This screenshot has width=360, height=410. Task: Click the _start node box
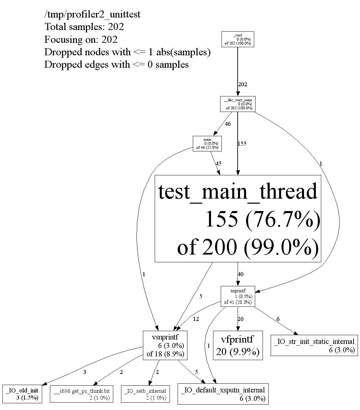pos(238,39)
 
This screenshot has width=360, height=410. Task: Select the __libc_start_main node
pos(238,104)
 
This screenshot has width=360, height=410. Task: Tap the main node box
pos(207,143)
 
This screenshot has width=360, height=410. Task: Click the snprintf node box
pos(238,296)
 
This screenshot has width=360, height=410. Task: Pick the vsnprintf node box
pos(165,345)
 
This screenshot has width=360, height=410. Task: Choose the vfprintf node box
pos(238,345)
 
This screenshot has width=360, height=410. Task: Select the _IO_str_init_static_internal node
pos(314,345)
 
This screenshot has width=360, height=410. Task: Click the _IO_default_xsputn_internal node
pos(223,394)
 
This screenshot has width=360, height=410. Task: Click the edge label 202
pos(242,84)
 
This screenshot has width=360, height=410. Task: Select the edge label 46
pos(228,124)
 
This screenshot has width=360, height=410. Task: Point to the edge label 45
pos(218,164)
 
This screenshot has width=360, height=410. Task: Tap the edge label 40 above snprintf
pos(240,274)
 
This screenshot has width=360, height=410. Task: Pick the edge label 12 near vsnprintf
pos(196,319)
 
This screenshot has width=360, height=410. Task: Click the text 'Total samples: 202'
pos(84,27)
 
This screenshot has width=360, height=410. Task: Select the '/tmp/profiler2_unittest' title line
pos(92,14)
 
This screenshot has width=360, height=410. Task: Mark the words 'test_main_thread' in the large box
pos(238,192)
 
